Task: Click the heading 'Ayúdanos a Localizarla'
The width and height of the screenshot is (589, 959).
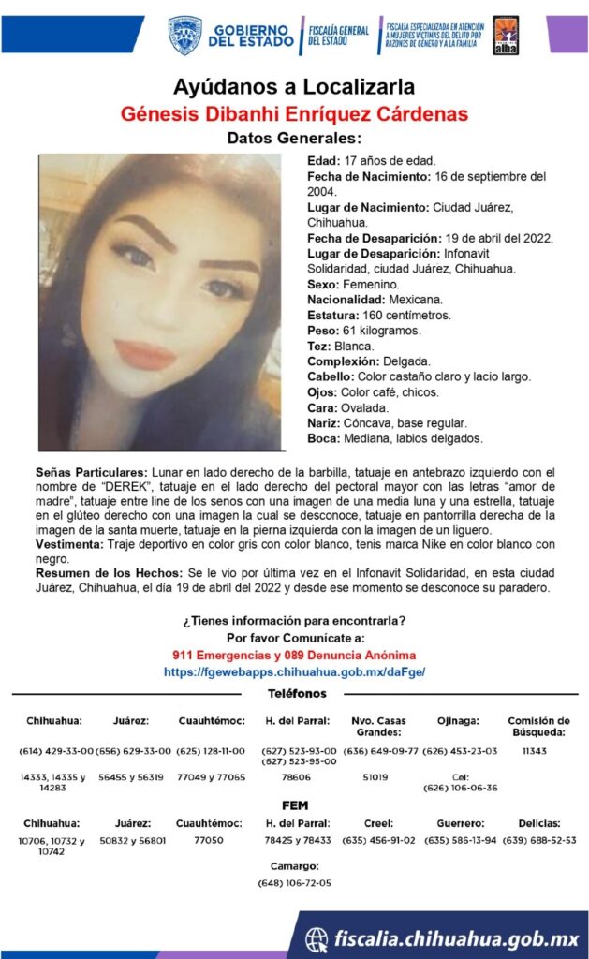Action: pos(294,88)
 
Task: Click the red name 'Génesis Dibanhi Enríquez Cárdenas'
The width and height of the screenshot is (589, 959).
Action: pos(294,114)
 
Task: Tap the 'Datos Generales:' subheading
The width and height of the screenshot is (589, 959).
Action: pos(294,139)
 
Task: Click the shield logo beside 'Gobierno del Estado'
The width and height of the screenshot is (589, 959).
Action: pos(184,35)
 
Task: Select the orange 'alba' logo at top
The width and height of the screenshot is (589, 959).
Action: pos(506,35)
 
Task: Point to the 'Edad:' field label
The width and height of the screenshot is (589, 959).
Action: pos(324,161)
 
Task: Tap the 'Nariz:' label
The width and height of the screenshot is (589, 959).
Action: pos(324,423)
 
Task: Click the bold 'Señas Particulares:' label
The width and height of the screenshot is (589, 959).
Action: pos(91,472)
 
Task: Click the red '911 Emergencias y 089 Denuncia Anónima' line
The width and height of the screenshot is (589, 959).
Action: pos(294,656)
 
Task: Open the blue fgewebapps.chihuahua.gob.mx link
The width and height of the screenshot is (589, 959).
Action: pos(294,671)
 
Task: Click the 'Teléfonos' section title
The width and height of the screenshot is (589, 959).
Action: pos(297,694)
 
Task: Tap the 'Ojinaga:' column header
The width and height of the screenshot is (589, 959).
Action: pos(459,721)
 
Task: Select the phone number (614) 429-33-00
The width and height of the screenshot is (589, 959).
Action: pos(56,751)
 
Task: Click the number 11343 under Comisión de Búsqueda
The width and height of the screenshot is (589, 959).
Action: pos(534,751)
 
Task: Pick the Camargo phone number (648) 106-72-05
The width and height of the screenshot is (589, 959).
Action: pos(294,882)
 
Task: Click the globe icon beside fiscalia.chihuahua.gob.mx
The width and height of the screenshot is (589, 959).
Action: pos(317,937)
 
